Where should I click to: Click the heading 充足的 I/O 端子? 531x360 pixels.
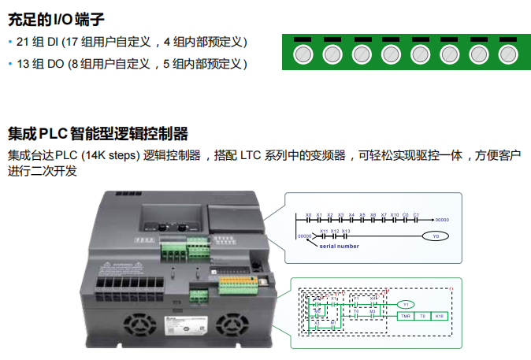click(55, 17)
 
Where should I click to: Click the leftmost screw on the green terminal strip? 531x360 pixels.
click(302, 54)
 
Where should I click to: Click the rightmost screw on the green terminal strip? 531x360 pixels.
click(507, 54)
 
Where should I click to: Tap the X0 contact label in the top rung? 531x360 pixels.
click(308, 213)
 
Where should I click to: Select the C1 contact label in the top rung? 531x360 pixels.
click(416, 213)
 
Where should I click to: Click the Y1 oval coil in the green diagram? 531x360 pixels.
click(405, 303)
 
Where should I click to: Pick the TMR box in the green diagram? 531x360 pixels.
click(405, 316)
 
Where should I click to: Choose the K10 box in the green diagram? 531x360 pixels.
click(440, 316)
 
